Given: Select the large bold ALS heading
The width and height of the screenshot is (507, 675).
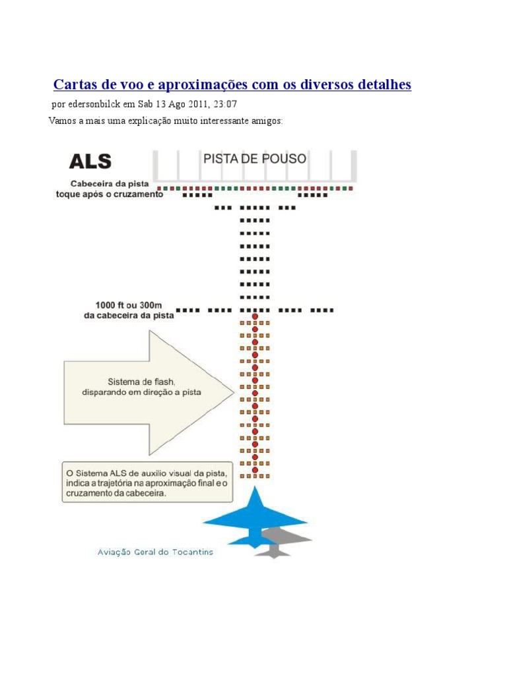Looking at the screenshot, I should pyautogui.click(x=90, y=161).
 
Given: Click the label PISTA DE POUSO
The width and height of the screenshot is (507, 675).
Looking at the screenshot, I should pyautogui.click(x=254, y=159).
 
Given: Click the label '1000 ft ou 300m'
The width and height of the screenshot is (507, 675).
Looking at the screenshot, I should pyautogui.click(x=128, y=305).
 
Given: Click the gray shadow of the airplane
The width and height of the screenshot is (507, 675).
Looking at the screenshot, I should pyautogui.click(x=284, y=541).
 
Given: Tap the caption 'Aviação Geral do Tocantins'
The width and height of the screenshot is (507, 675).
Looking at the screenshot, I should pyautogui.click(x=155, y=552).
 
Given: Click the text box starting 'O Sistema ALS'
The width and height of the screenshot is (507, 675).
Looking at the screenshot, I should pyautogui.click(x=147, y=483).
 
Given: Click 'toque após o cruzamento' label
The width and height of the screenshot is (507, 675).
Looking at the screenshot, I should pyautogui.click(x=109, y=194).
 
